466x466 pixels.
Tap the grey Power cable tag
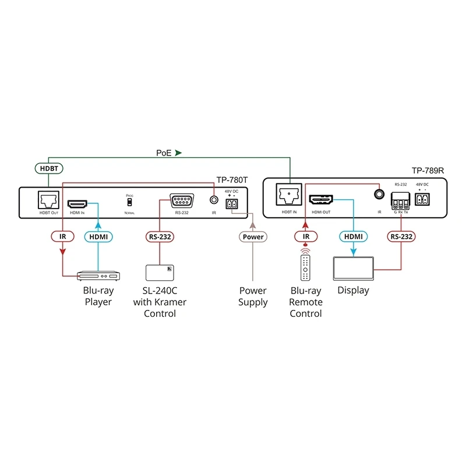252,236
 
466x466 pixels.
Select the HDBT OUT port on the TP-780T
47,202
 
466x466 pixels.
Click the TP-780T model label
232,180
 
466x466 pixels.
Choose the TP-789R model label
429,171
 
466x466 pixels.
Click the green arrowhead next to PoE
179,153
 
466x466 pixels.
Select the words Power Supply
253,296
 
